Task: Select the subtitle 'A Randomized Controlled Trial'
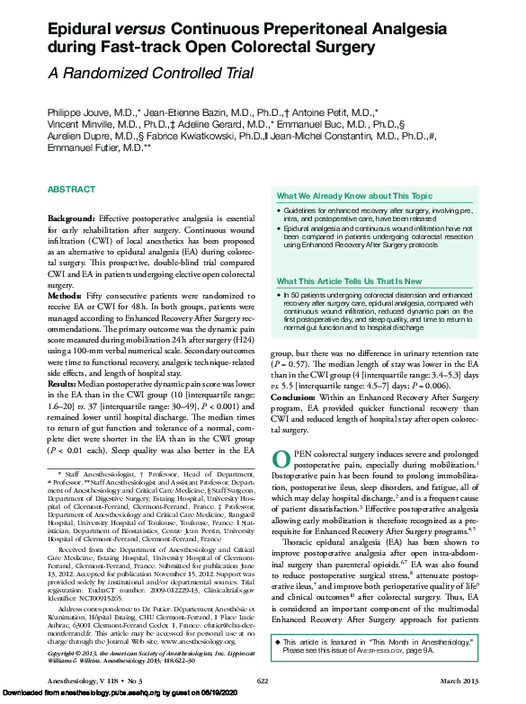pos(138,74)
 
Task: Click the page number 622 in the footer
pos(263,682)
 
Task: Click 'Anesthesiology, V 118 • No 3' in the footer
pos(90,682)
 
